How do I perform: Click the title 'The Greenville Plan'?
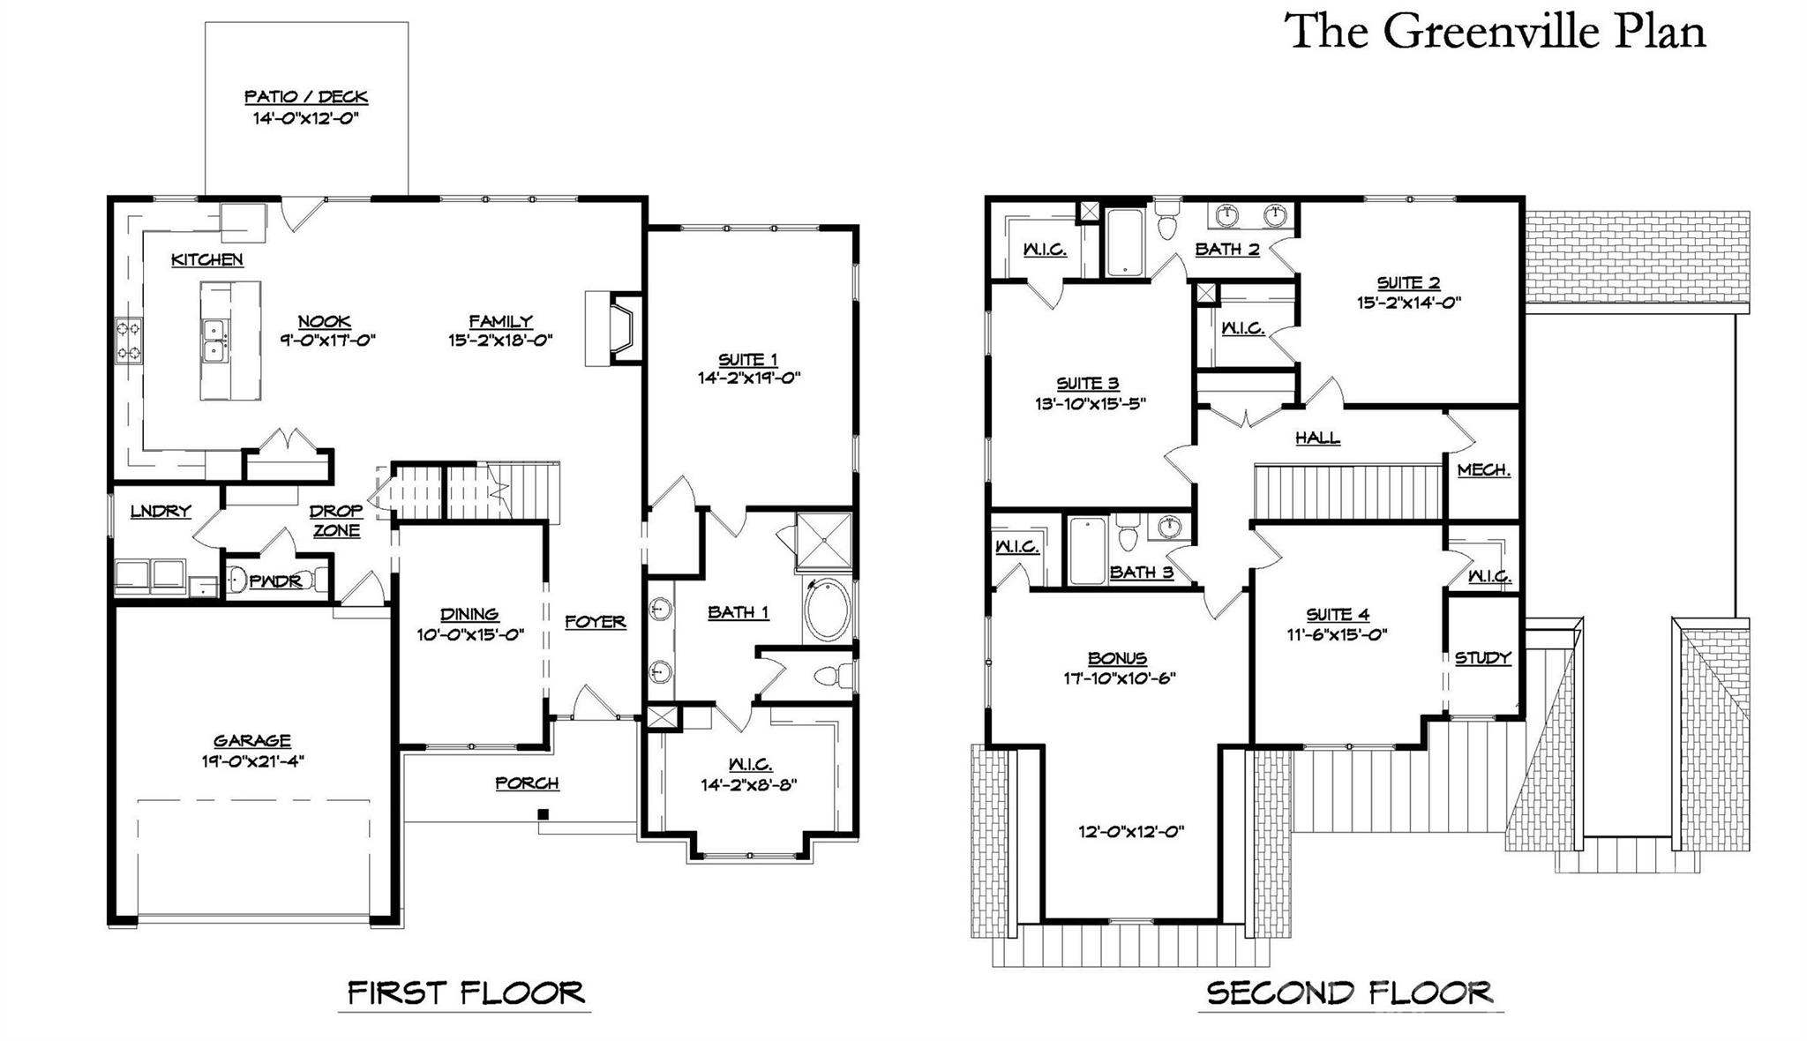[1496, 32]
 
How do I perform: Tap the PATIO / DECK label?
[305, 97]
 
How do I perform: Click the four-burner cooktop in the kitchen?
[128, 341]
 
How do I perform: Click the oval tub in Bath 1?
[827, 610]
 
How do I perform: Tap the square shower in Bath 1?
[823, 540]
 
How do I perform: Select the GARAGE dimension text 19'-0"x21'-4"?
[252, 761]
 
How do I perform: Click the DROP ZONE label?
[336, 520]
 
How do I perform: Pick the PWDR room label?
[275, 581]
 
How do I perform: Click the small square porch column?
[544, 813]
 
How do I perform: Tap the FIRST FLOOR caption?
[465, 993]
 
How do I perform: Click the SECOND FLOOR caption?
[1349, 993]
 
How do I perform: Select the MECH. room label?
[1483, 470]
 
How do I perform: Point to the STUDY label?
[1482, 658]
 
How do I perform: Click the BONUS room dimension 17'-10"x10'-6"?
[1119, 678]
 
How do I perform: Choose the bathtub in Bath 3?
[1087, 552]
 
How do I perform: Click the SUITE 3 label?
[1088, 384]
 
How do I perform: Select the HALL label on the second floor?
[1317, 438]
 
